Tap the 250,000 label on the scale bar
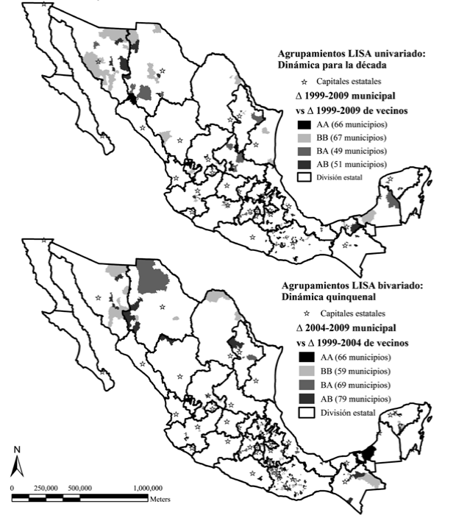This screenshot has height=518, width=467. pyautogui.click(x=46, y=488)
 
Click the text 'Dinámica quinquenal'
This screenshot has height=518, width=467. pyautogui.click(x=322, y=297)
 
